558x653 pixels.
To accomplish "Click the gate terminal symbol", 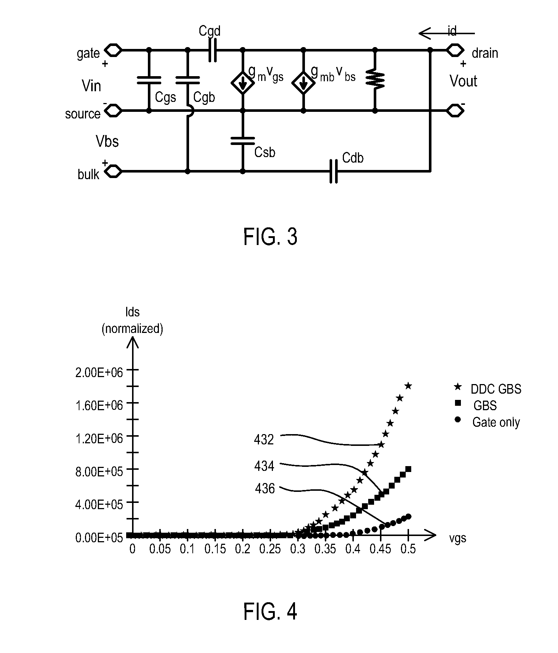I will [113, 50].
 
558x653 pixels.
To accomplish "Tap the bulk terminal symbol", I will [113, 171].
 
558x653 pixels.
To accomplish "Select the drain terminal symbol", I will [455, 50].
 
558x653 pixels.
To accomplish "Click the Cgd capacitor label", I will [209, 31].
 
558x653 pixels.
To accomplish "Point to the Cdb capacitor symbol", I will [333, 171].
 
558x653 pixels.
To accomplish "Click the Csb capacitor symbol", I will [242, 141].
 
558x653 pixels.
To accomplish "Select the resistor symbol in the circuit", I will [375, 80].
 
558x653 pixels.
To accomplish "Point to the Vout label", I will [463, 81].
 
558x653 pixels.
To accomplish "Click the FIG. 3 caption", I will [270, 237].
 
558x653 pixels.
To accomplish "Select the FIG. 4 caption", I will [270, 611].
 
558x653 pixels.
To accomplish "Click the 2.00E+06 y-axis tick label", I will [99, 372].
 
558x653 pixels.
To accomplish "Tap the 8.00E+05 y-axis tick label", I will [99, 472].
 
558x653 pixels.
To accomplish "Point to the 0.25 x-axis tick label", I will [270, 549].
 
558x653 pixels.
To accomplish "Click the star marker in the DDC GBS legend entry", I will [458, 387].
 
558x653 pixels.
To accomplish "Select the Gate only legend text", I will [496, 422].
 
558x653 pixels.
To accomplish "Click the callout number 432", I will [264, 439].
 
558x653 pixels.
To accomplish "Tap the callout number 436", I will [265, 489].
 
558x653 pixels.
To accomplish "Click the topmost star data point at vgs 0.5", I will [408, 386].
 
